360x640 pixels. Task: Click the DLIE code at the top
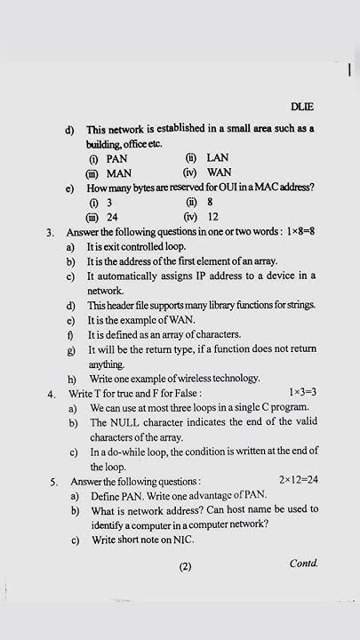[302, 108]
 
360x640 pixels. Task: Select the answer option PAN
[117, 158]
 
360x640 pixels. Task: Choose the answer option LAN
[218, 158]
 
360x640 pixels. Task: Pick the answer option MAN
[119, 172]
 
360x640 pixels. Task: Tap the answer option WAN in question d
[219, 172]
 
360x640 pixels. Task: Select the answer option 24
[113, 217]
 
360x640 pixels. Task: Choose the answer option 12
[213, 217]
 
